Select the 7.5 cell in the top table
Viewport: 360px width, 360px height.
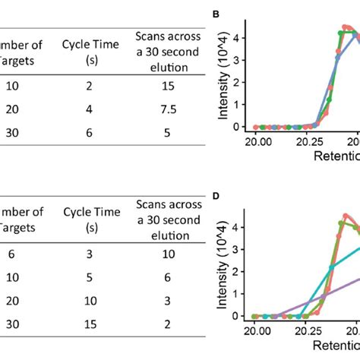click(x=168, y=108)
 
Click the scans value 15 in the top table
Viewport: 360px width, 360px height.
click(x=168, y=87)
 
